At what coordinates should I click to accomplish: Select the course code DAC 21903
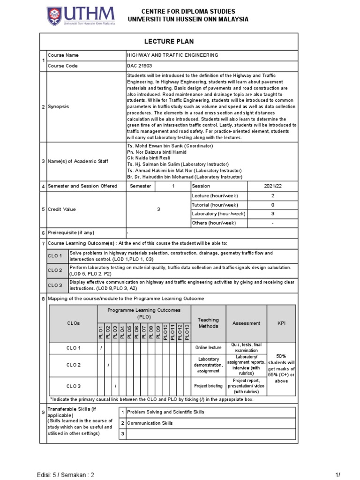pyautogui.click(x=140, y=66)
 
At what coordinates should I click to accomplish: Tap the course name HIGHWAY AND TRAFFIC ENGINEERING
pyautogui.click(x=173, y=55)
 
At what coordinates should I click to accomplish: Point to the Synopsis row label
pyautogui.click(x=58, y=106)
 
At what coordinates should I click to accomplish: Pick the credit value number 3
pyautogui.click(x=158, y=209)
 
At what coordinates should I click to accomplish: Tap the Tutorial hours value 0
pyautogui.click(x=272, y=205)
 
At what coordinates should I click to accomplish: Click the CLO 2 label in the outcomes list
pyautogui.click(x=55, y=270)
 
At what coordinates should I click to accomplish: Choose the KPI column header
pyautogui.click(x=281, y=323)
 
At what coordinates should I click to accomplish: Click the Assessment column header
pyautogui.click(x=247, y=323)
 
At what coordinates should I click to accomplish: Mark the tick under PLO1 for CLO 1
pyautogui.click(x=101, y=348)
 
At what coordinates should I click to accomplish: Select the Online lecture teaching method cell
pyautogui.click(x=209, y=348)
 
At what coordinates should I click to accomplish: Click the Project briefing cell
pyautogui.click(x=209, y=386)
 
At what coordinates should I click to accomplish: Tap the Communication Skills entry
pyautogui.click(x=150, y=423)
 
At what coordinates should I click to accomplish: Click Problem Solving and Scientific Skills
pyautogui.click(x=166, y=412)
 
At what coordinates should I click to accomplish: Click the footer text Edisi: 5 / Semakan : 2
pyautogui.click(x=65, y=474)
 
